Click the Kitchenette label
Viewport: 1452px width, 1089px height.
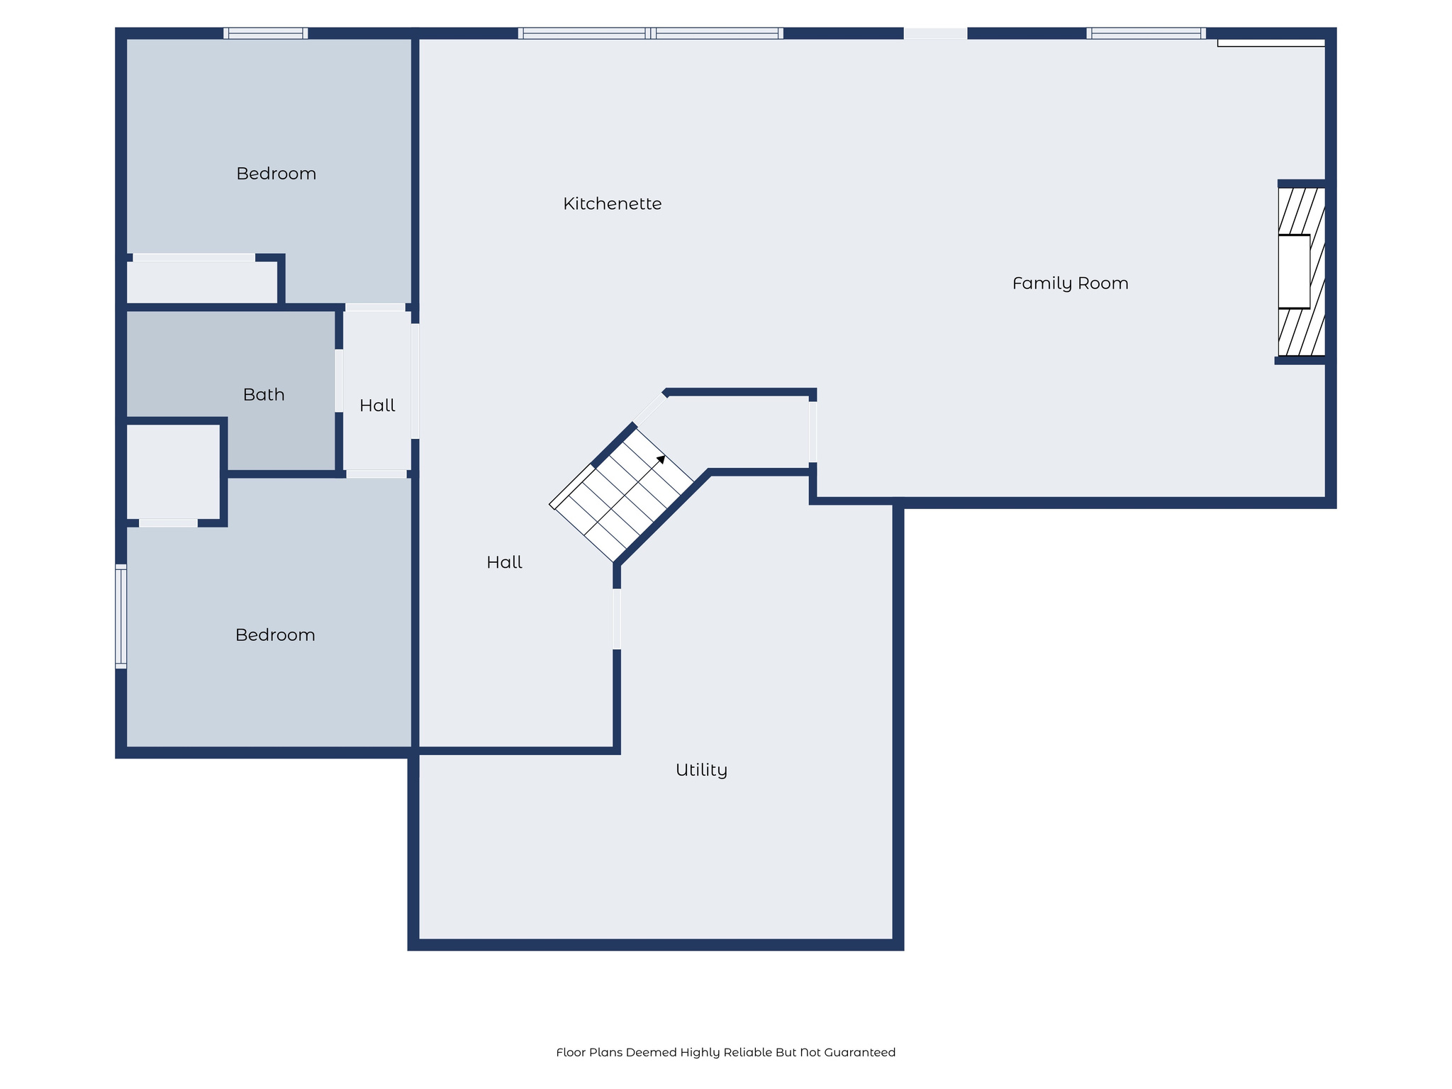point(612,204)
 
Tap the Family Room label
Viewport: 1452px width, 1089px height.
point(1070,284)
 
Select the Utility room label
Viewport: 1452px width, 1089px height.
point(701,770)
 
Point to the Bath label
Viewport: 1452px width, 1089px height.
point(264,395)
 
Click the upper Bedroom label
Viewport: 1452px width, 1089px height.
point(276,174)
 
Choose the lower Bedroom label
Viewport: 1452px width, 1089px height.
point(275,635)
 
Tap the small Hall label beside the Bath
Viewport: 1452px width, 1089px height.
point(377,406)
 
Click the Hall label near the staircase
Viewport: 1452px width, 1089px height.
point(504,563)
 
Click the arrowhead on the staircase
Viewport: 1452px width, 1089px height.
point(661,459)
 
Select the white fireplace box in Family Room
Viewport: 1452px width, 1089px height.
point(1293,272)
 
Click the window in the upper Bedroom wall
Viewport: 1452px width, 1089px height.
point(266,33)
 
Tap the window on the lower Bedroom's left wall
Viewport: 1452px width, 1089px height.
point(121,616)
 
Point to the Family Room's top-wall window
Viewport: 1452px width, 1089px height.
point(1146,33)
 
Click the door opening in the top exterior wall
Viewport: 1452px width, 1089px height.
point(935,33)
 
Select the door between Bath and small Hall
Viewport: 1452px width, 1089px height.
point(339,380)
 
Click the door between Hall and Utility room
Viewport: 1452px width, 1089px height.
point(617,619)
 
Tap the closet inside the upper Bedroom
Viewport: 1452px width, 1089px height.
point(201,282)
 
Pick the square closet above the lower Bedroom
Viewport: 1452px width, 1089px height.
point(172,471)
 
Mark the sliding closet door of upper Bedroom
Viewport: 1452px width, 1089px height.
point(194,257)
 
